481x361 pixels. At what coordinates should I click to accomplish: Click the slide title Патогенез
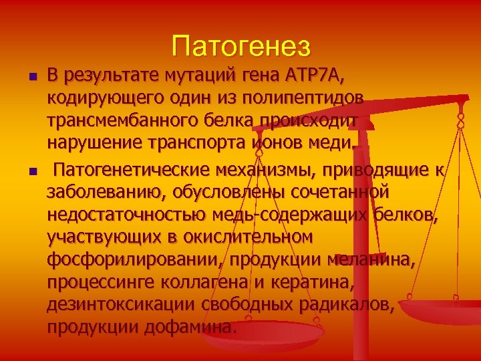pos(240,46)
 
